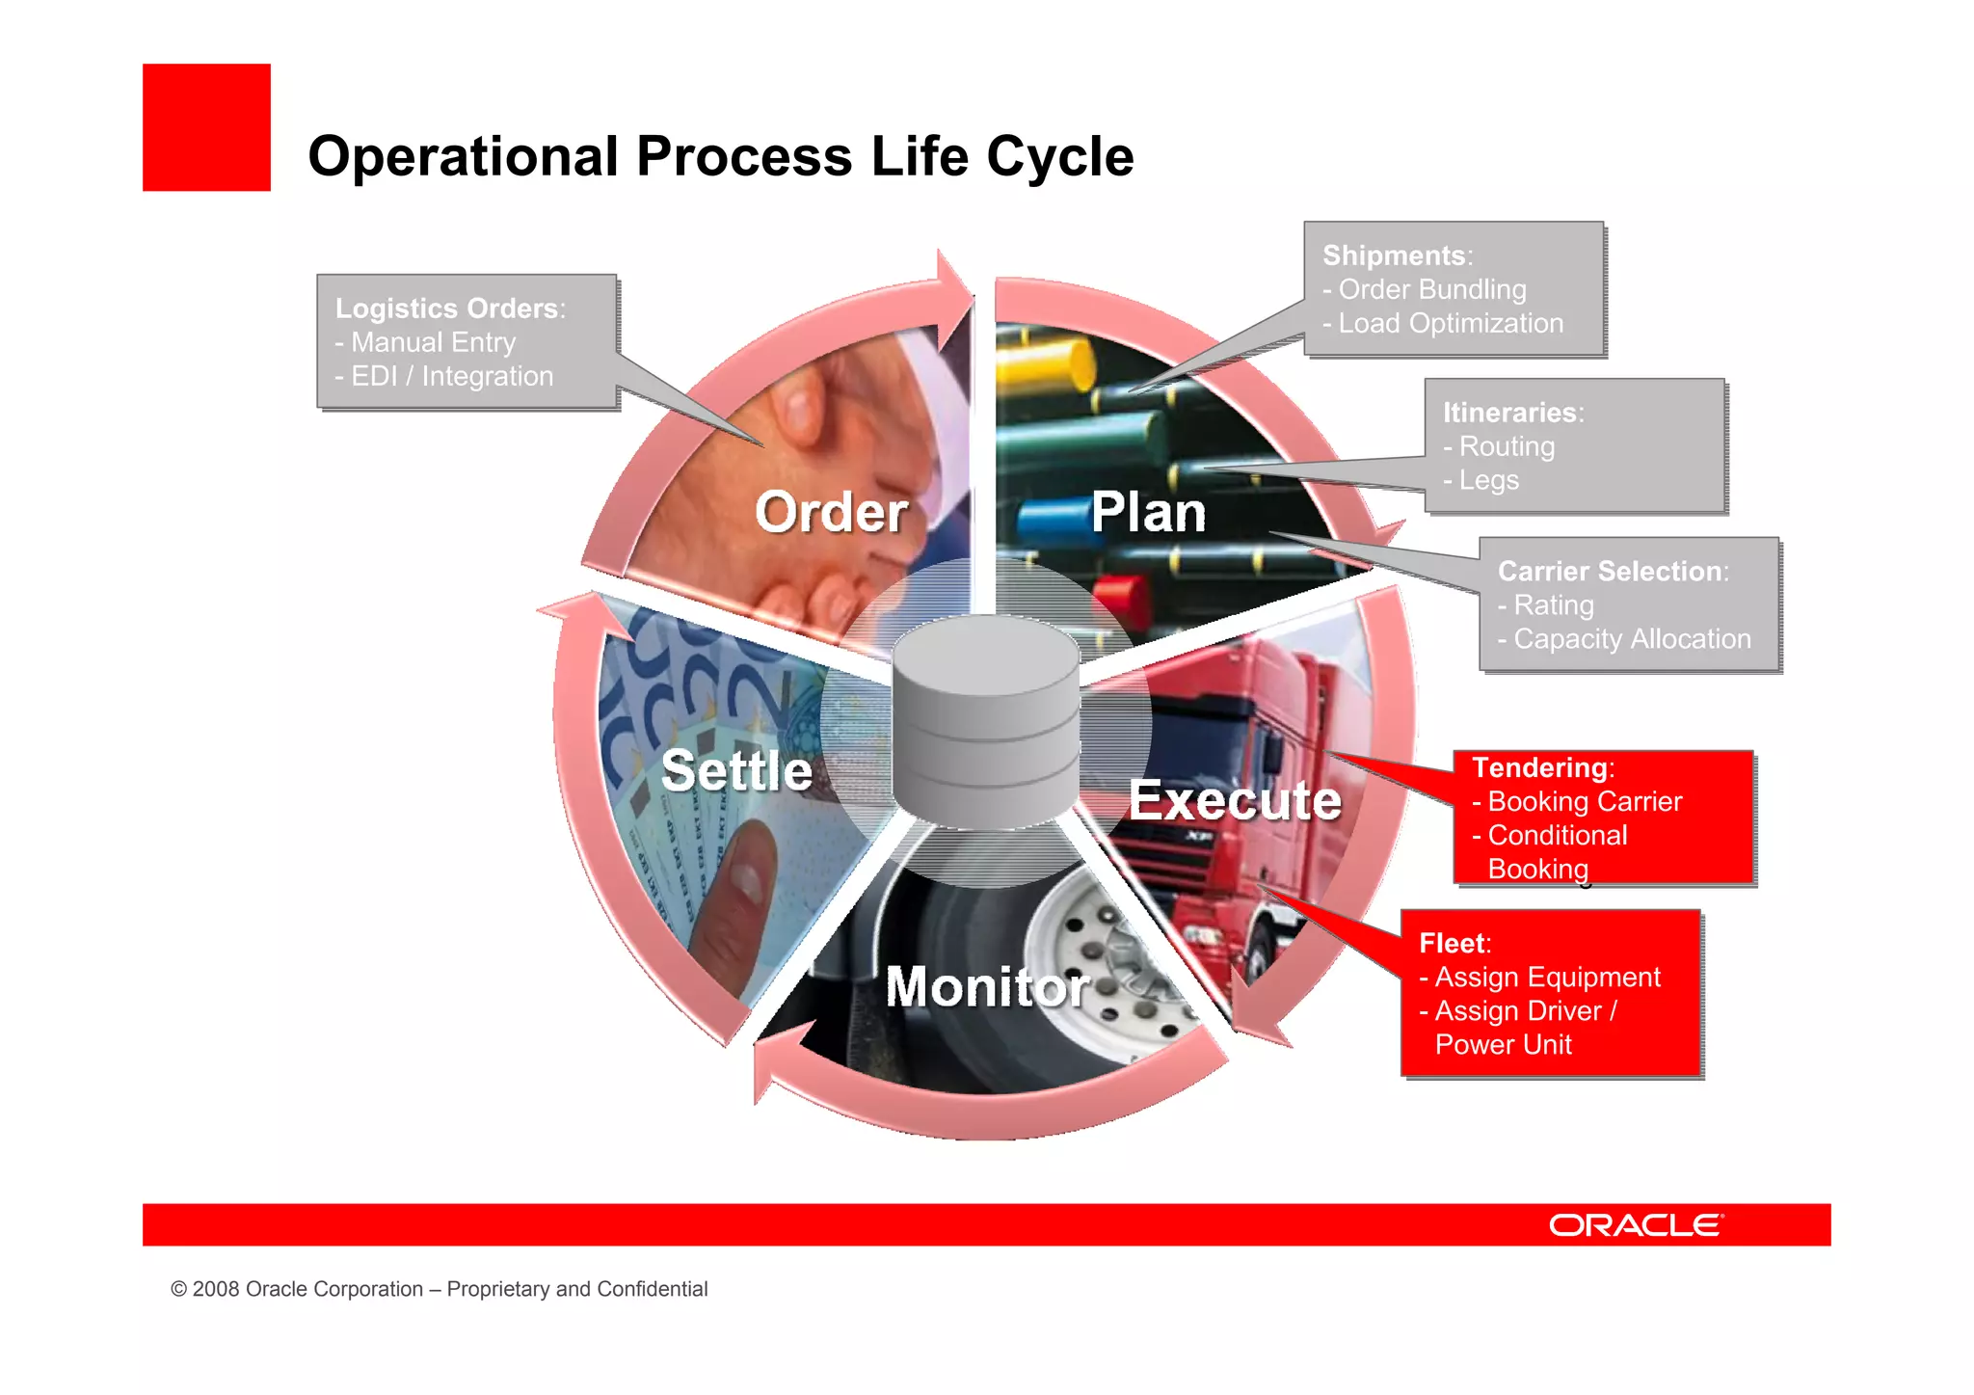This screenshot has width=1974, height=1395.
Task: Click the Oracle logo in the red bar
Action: pyautogui.click(x=1635, y=1224)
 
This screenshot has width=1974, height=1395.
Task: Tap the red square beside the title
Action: pyautogui.click(x=206, y=127)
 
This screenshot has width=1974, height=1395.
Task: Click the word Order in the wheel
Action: pyautogui.click(x=831, y=512)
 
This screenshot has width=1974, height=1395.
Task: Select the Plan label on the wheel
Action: pyautogui.click(x=1148, y=512)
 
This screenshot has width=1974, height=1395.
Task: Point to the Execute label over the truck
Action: pyautogui.click(x=1235, y=800)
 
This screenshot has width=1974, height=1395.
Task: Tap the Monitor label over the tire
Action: pyautogui.click(x=987, y=986)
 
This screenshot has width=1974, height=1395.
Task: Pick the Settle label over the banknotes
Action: pyautogui.click(x=736, y=771)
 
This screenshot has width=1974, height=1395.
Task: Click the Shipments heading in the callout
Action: pyautogui.click(x=1395, y=255)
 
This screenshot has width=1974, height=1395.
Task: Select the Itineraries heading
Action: pyautogui.click(x=1510, y=413)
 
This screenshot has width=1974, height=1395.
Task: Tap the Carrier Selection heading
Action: pyautogui.click(x=1611, y=571)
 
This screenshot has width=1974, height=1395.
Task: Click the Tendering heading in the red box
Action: pyautogui.click(x=1540, y=767)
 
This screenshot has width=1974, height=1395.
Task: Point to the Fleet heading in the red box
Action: pyautogui.click(x=1453, y=943)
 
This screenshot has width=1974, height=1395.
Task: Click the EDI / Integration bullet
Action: pyautogui.click(x=445, y=376)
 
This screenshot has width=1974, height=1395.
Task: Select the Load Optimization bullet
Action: pyautogui.click(x=1444, y=323)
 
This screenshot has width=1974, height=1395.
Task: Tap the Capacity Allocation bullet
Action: pyautogui.click(x=1625, y=638)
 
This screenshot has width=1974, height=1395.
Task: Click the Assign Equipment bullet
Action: pyautogui.click(x=1540, y=977)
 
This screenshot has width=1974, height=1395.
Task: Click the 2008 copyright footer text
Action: pyautogui.click(x=439, y=1289)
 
